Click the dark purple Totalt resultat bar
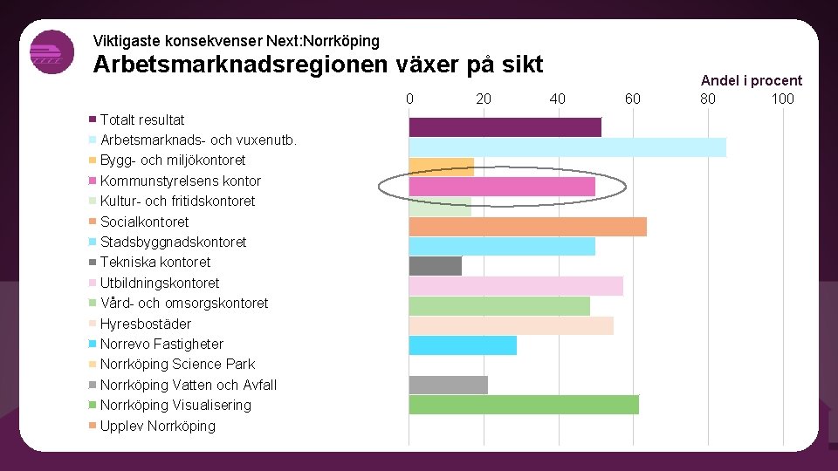pyautogui.click(x=505, y=127)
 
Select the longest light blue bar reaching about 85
pyautogui.click(x=567, y=147)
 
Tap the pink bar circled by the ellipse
pyautogui.click(x=502, y=187)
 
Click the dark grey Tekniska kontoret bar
pyautogui.click(x=435, y=266)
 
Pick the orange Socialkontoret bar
pyautogui.click(x=527, y=227)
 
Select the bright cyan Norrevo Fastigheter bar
pyautogui.click(x=463, y=345)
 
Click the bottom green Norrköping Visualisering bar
pyautogui.click(x=524, y=405)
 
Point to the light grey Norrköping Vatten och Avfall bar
pyautogui.click(x=448, y=385)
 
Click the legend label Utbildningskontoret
pyautogui.click(x=160, y=283)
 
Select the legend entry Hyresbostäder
pyautogui.click(x=146, y=324)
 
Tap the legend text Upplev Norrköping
pyautogui.click(x=157, y=426)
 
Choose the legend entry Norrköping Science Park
pyautogui.click(x=177, y=364)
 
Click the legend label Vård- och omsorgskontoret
pyautogui.click(x=184, y=303)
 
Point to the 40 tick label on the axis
pyautogui.click(x=558, y=99)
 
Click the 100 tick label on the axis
pyautogui.click(x=782, y=99)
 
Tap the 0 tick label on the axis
pyautogui.click(x=409, y=99)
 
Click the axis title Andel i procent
pyautogui.click(x=751, y=80)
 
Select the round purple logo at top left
pyautogui.click(x=52, y=52)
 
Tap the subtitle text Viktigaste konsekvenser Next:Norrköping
pyautogui.click(x=236, y=41)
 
